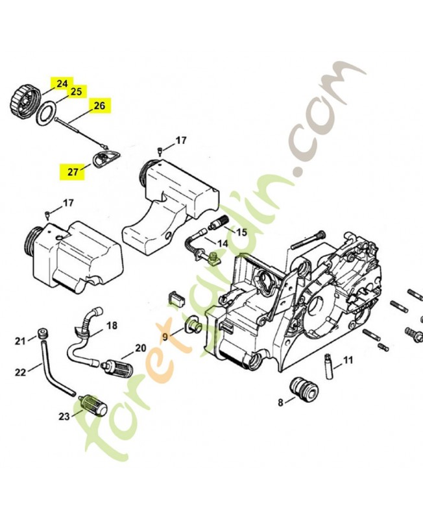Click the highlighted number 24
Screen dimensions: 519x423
tap(62, 84)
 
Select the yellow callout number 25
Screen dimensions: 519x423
tap(76, 92)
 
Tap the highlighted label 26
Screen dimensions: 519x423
tap(99, 106)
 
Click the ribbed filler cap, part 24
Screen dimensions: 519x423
tap(24, 98)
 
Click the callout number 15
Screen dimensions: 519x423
tap(241, 232)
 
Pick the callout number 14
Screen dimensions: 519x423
tap(222, 244)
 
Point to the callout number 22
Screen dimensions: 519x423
tap(20, 372)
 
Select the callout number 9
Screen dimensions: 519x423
tap(165, 336)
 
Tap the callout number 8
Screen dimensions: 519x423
tap(281, 402)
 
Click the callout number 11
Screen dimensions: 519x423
tap(348, 360)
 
